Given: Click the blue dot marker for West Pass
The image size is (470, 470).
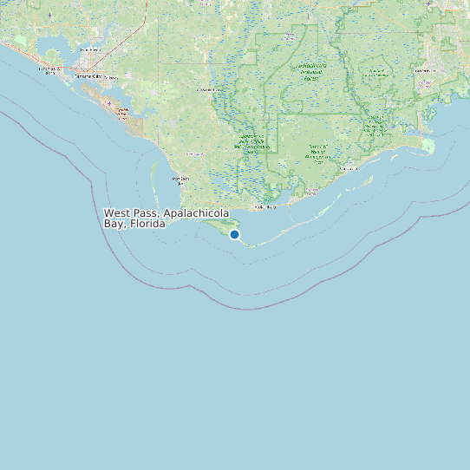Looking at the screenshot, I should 234,234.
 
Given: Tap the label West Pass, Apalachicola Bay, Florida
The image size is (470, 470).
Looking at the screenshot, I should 166,218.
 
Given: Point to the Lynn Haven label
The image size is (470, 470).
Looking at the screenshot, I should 89,50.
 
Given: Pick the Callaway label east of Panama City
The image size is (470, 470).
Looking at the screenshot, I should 113,77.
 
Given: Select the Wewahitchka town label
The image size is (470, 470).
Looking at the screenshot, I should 208,89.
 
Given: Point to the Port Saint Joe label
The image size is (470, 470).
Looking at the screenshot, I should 180,180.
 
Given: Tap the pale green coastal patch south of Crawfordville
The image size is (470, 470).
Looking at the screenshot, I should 428,145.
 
